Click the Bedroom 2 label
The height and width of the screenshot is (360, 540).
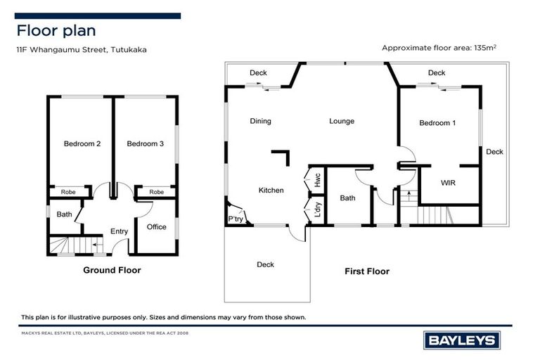coord(82,144)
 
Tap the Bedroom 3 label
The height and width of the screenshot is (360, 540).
coord(146,144)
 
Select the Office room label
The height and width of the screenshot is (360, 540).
coord(156,227)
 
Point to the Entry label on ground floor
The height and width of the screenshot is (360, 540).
coord(120,231)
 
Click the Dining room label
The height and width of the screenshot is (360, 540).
coord(260,121)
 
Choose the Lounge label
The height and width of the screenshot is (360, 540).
coord(342,121)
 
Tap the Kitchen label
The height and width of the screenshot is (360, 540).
coord(271,191)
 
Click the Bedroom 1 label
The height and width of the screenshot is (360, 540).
coord(437,123)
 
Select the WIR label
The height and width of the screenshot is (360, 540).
coord(449,183)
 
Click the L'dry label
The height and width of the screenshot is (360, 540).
coord(317,210)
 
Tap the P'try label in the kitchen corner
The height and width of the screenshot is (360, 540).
coord(235,219)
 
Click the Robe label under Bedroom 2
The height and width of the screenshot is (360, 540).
coord(68,191)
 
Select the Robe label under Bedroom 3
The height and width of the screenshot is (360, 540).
coord(156,191)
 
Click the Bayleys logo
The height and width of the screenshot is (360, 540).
coord(461,341)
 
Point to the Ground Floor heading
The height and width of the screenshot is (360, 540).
coord(112,270)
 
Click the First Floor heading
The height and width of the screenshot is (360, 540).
coord(366,271)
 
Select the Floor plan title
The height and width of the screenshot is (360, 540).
coord(56,30)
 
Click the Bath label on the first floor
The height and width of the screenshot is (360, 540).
coord(347,198)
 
